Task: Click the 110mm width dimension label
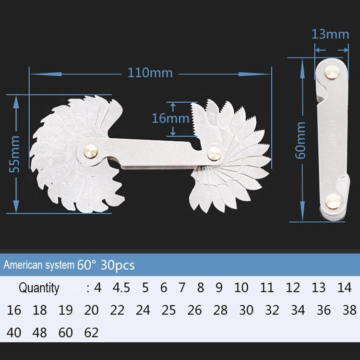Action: click(x=150, y=73)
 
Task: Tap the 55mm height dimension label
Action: click(x=15, y=154)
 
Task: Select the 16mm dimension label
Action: click(x=163, y=118)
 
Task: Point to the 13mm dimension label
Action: click(x=330, y=34)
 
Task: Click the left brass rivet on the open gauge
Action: click(x=90, y=150)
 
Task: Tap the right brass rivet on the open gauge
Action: click(x=214, y=154)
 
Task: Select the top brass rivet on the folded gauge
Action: click(x=330, y=72)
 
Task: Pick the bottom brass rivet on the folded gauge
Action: click(x=333, y=201)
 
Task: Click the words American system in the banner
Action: click(x=39, y=265)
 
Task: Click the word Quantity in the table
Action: click(x=39, y=288)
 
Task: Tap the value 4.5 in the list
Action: click(x=121, y=288)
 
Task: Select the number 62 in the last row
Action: click(x=91, y=332)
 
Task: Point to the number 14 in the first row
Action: click(x=344, y=288)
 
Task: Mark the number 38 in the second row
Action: click(x=349, y=310)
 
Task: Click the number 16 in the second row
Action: click(x=14, y=310)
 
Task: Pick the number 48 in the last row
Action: click(x=40, y=332)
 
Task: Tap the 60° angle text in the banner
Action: click(x=86, y=265)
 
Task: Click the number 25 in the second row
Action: click(x=168, y=310)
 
